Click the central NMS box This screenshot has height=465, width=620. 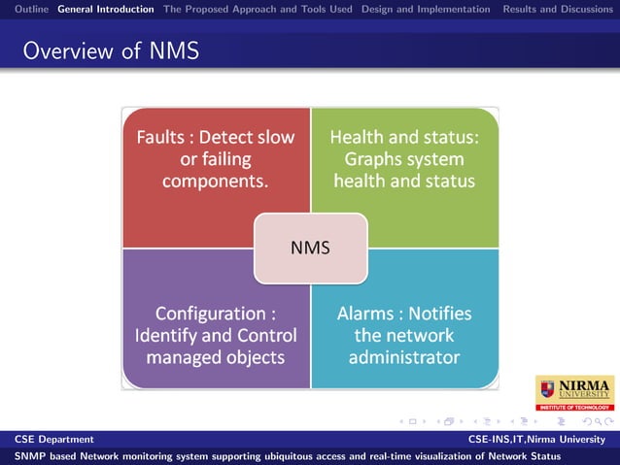click(x=310, y=248)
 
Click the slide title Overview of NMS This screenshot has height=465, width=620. click(x=111, y=50)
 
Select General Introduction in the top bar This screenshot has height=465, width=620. click(x=105, y=9)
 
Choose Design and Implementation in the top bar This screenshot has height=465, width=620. click(x=426, y=9)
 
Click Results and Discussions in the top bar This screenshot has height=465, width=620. click(x=558, y=9)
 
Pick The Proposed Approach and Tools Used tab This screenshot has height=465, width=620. click(x=258, y=9)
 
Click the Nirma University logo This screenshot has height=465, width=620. click(x=574, y=392)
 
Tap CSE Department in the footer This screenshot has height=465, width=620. click(x=54, y=440)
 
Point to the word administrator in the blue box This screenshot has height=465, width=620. click(x=403, y=357)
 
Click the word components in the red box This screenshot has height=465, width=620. click(x=215, y=181)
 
